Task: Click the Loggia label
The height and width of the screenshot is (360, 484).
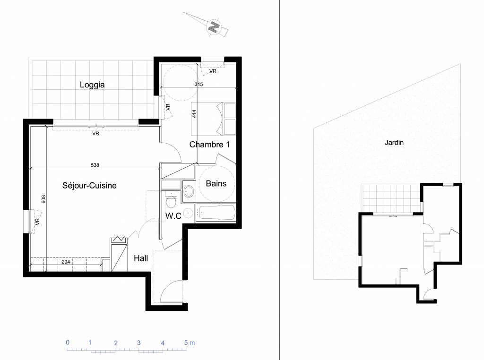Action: tap(92, 85)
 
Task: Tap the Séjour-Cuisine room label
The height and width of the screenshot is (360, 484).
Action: tap(89, 185)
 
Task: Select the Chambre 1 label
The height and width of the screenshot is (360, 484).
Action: tap(209, 145)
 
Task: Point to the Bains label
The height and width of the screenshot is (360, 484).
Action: tap(216, 184)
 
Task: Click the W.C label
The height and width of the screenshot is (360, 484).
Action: tap(173, 216)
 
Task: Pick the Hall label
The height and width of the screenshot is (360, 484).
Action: tap(141, 258)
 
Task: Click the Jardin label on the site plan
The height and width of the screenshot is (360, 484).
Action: tap(394, 143)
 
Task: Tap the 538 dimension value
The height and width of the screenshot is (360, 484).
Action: tap(95, 165)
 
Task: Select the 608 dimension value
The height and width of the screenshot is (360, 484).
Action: tap(43, 199)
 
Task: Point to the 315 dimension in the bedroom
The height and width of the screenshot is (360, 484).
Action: tap(199, 84)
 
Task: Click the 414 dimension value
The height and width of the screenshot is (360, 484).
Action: tap(194, 114)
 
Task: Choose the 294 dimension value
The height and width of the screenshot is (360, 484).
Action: tap(66, 262)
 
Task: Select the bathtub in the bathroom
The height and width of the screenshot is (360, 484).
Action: tap(216, 213)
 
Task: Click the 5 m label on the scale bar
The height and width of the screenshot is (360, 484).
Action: tap(189, 343)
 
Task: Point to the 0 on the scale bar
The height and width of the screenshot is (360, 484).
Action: tap(68, 343)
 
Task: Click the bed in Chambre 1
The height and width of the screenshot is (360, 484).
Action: tap(213, 119)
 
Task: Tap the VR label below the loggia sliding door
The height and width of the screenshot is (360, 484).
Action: tap(95, 134)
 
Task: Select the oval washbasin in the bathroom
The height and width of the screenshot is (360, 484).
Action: tap(188, 191)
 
